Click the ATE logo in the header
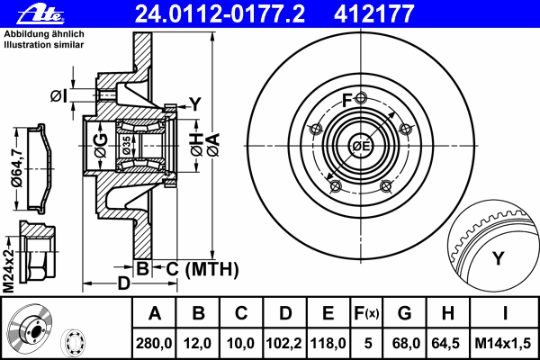tap(40, 14)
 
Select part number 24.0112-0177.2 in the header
tap(220, 13)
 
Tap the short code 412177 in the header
tap(373, 13)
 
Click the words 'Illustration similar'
tap(44, 45)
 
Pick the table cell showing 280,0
tap(154, 344)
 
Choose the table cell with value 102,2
tap(284, 344)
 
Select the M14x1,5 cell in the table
tap(503, 344)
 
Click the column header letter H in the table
tap(447, 313)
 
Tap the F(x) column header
tap(366, 313)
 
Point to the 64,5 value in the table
tap(446, 344)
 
